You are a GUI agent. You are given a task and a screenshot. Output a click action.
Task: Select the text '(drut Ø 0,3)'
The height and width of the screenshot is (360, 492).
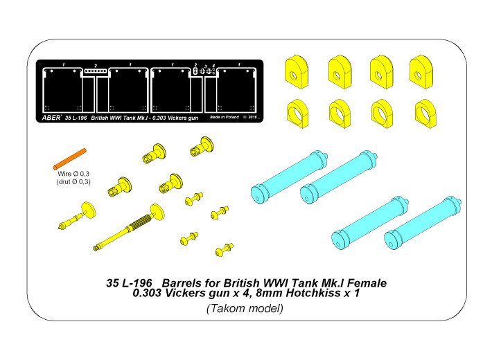(73, 182)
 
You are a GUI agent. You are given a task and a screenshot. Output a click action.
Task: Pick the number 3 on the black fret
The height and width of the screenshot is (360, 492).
(206, 66)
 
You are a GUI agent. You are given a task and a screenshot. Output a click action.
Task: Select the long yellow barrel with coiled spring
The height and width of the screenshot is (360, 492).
(128, 228)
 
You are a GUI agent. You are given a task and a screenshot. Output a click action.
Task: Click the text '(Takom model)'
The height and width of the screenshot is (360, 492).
(245, 309)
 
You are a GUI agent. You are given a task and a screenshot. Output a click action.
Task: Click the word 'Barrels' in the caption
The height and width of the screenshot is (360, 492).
(182, 283)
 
